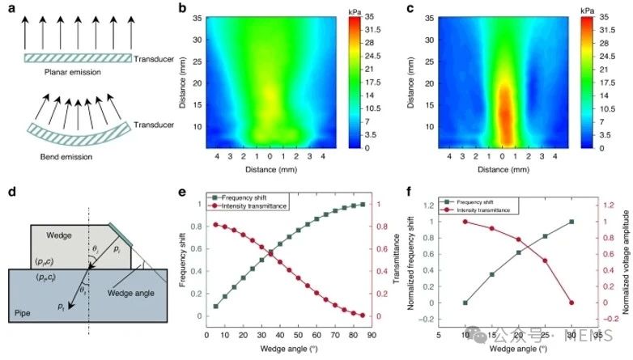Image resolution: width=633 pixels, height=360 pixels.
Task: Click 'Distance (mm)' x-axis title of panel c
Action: [503, 170]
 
